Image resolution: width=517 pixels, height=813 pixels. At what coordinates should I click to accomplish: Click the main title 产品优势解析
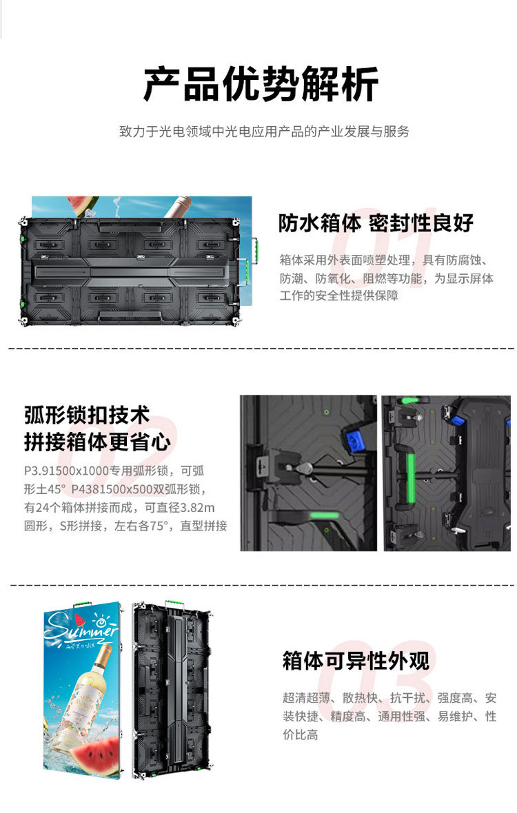261,84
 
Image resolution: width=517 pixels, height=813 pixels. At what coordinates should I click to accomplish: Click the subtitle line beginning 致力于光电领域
264,132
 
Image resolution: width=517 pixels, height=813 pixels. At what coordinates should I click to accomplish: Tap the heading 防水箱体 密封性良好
376,223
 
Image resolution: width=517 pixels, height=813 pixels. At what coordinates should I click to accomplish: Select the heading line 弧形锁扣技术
87,415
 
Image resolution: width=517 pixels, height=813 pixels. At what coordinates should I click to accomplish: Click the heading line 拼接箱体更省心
97,442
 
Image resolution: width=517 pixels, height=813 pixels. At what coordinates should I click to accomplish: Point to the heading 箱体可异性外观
356,661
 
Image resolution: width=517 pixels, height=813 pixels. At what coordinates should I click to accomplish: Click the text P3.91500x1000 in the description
66,471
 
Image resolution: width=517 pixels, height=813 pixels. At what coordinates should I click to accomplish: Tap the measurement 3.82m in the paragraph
197,508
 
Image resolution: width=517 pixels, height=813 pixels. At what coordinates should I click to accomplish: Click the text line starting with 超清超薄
389,698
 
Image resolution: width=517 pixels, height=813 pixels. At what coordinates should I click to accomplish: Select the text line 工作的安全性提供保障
338,296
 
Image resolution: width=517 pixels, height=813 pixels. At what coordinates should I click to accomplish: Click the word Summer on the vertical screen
81,628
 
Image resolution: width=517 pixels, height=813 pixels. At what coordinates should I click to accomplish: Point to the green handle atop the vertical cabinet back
175,604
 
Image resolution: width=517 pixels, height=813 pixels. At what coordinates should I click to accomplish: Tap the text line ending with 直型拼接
125,526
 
